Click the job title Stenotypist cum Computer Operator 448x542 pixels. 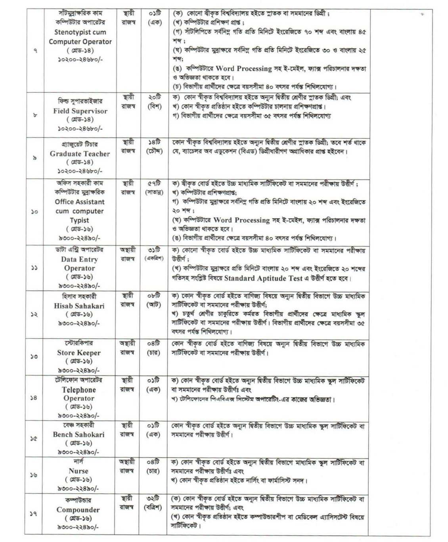click(80, 37)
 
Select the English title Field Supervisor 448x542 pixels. click(80, 111)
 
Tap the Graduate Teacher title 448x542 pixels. click(80, 153)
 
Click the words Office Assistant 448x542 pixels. click(80, 202)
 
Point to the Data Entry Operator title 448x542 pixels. click(79, 263)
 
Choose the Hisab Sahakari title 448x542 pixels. click(79, 305)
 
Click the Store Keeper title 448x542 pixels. click(79, 352)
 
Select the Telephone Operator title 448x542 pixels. click(79, 394)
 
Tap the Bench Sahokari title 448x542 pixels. click(79, 434)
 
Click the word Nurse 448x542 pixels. click(78, 471)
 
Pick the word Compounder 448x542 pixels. click(78, 510)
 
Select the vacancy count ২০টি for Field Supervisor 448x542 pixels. click(153, 98)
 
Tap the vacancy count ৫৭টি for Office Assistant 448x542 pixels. click(153, 184)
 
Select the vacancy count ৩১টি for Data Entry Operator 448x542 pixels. click(153, 250)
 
